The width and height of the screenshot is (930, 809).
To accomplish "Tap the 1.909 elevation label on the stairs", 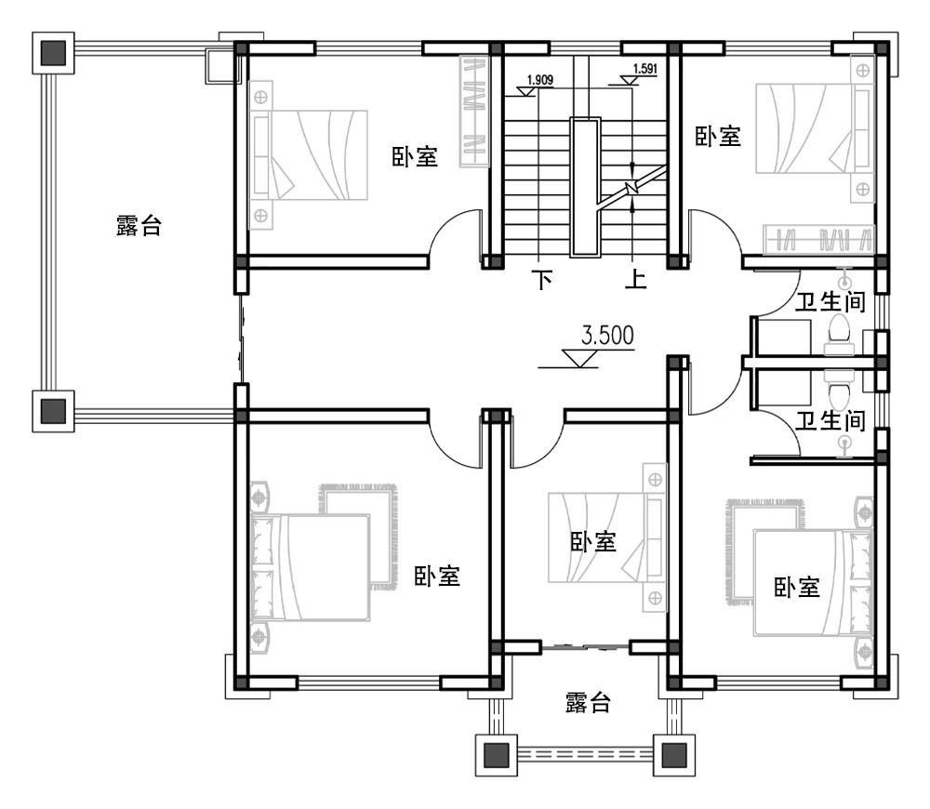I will pyautogui.click(x=540, y=80).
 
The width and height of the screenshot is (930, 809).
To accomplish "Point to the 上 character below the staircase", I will pyautogui.click(x=635, y=279).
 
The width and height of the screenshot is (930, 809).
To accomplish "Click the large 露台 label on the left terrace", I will pyautogui.click(x=139, y=225).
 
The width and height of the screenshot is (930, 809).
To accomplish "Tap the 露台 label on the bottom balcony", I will pyautogui.click(x=588, y=703).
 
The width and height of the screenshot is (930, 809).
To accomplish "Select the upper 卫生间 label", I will pyautogui.click(x=832, y=301).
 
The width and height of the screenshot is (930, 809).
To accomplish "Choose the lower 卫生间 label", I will pyautogui.click(x=832, y=421).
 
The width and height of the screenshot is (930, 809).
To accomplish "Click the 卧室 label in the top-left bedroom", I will pyautogui.click(x=414, y=156).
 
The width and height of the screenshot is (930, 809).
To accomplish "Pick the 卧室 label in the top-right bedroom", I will pyautogui.click(x=718, y=137).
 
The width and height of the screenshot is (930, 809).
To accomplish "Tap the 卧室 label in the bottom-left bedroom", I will pyautogui.click(x=437, y=577).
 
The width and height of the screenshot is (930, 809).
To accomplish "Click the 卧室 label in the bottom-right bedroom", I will pyautogui.click(x=797, y=587).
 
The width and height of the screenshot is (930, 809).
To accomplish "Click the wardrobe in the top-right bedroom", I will pyautogui.click(x=818, y=239).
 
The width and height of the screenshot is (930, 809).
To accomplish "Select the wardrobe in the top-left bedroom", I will pyautogui.click(x=474, y=112).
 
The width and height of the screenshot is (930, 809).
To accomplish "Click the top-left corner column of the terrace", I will pyautogui.click(x=54, y=53).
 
